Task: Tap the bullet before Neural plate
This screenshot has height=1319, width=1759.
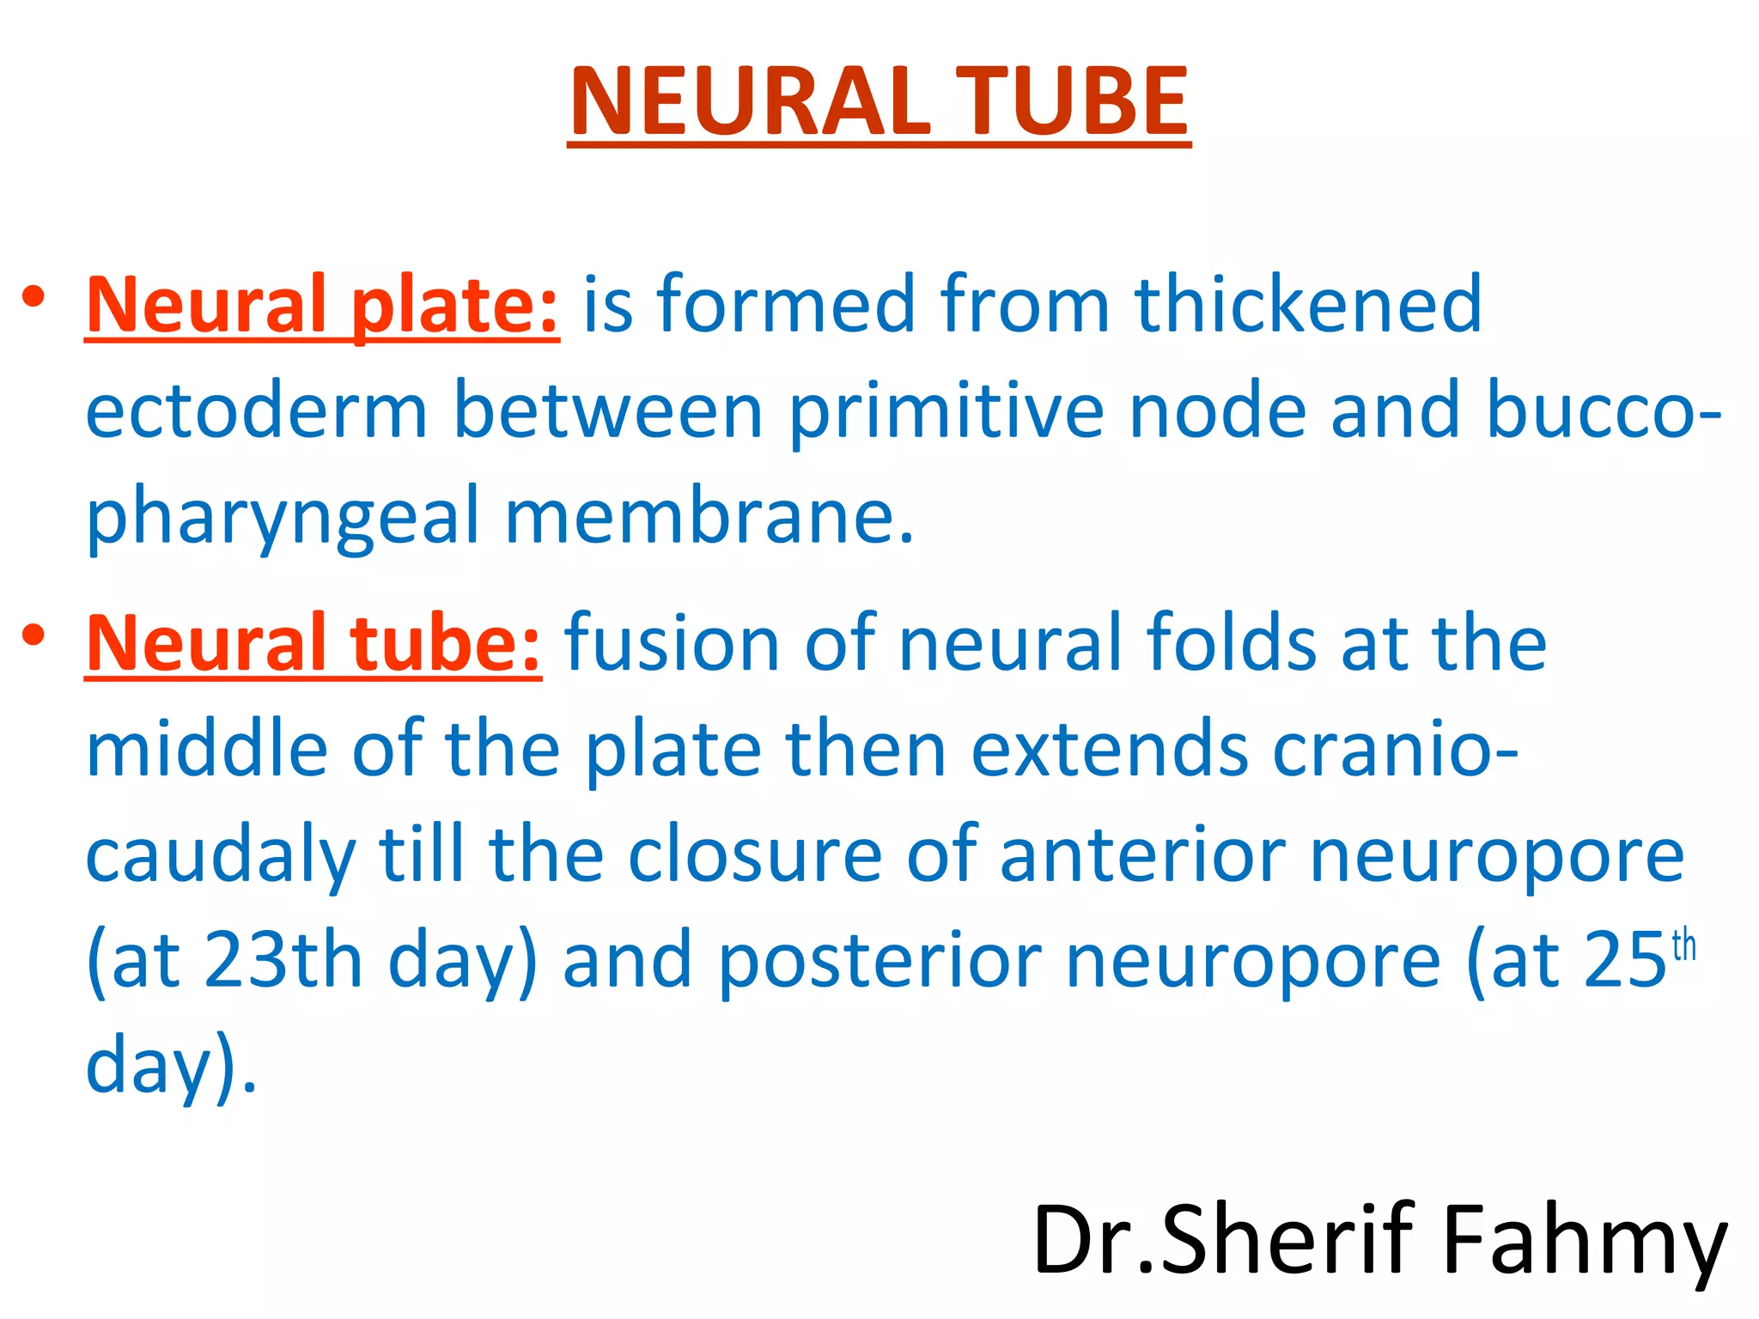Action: (34, 298)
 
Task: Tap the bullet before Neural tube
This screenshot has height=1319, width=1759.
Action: (34, 635)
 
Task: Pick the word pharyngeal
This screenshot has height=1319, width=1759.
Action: (282, 518)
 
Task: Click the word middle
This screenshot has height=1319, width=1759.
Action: (206, 749)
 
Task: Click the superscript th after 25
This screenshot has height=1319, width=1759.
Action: (1684, 945)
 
